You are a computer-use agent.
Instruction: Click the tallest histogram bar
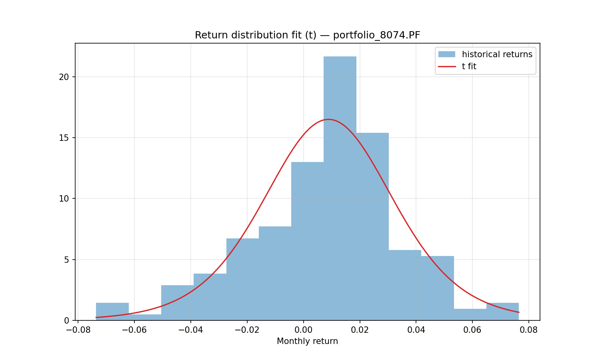340,188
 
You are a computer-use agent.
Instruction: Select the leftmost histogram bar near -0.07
112,312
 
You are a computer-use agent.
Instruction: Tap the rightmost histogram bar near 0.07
502,312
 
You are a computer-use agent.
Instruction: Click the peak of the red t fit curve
328,120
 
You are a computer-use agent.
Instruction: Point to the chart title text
308,35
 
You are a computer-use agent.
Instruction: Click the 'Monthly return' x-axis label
307,341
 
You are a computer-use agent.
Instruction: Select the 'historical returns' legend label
497,54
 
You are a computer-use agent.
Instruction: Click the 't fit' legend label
469,66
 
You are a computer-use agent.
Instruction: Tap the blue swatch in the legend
447,54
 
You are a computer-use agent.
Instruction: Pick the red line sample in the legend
447,66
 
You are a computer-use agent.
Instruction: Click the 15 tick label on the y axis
64,138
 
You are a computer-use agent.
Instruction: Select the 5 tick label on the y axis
66,260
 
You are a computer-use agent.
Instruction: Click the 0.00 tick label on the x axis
304,330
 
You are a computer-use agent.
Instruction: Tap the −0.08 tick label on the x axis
78,330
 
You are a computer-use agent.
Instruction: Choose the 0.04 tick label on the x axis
416,330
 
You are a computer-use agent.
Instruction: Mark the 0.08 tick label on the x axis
529,330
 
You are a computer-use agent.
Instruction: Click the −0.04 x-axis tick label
191,330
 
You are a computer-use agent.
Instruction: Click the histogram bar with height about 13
308,241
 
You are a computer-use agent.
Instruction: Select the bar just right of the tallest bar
372,227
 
